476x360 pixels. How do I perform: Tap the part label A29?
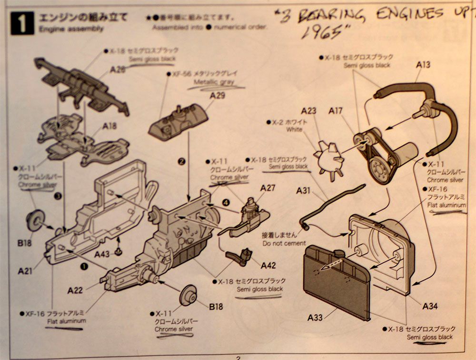pyautogui.click(x=217, y=96)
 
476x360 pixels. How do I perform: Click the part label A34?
pyautogui.click(x=430, y=306)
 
